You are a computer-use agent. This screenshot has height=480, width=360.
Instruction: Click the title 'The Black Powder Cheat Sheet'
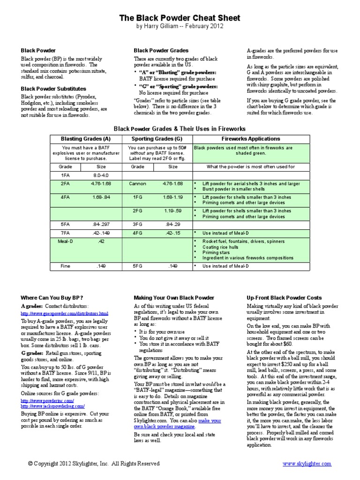(180, 18)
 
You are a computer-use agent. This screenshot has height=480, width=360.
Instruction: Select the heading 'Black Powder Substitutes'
(53, 88)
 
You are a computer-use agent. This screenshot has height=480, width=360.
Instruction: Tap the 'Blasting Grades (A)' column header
(86, 139)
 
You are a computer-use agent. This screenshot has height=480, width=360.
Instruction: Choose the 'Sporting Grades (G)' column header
(157, 139)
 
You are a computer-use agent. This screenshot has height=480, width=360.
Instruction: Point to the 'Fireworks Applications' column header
(250, 139)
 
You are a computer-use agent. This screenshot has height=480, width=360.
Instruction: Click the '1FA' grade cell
(65, 175)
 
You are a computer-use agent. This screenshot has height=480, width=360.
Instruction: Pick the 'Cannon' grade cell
(137, 183)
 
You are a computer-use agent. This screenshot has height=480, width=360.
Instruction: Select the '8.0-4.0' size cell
(101, 175)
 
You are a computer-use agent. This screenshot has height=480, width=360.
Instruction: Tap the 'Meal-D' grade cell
(65, 241)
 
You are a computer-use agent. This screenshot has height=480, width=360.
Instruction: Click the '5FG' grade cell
(137, 266)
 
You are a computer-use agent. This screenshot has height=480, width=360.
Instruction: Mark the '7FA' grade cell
(65, 232)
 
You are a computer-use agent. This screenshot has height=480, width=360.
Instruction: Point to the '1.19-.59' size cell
(172, 211)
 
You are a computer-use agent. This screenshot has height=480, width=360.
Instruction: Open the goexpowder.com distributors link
(64, 313)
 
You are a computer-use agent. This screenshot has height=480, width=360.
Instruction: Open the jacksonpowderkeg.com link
(52, 406)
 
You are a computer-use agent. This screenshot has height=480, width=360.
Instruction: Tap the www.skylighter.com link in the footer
(307, 464)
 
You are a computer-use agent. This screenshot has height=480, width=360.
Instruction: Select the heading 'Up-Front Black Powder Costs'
(284, 298)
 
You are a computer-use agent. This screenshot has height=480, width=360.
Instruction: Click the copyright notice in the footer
(94, 464)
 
